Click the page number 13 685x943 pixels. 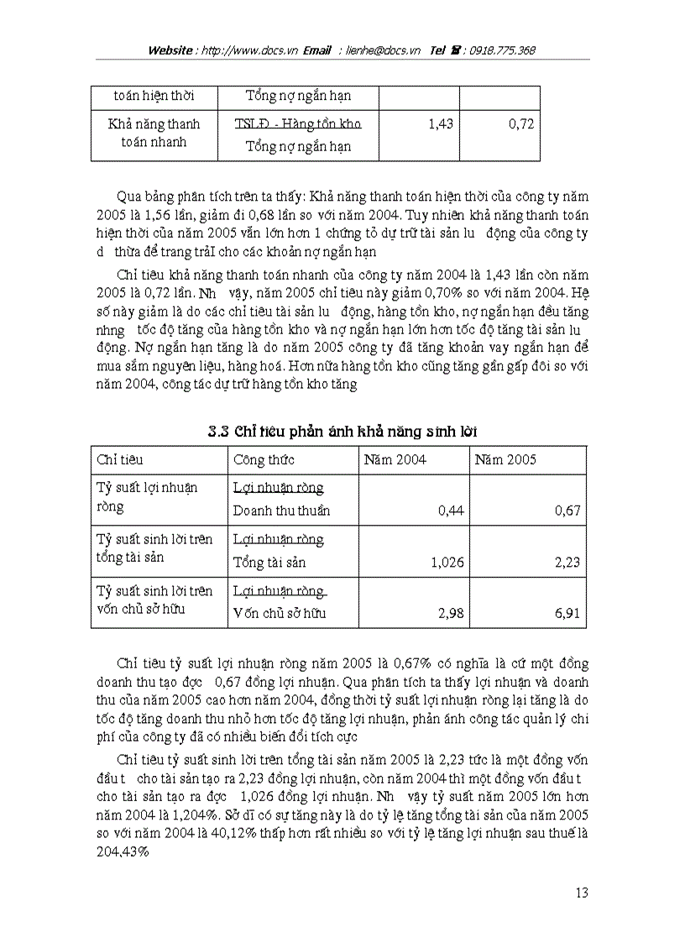point(582,893)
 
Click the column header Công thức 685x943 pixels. point(264,460)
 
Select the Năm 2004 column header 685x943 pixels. point(395,460)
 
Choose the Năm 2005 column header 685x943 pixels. point(505,460)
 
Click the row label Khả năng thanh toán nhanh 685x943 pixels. point(154,133)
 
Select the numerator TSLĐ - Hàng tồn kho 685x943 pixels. point(298,124)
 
